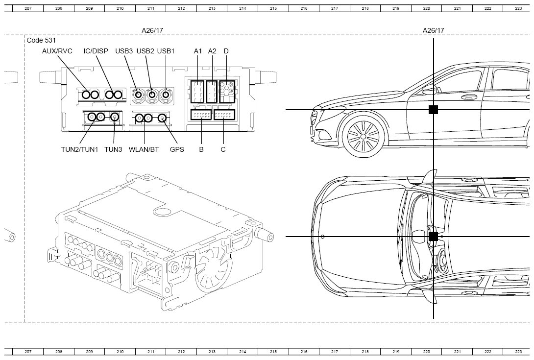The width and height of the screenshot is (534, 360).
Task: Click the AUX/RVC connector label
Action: tap(57, 51)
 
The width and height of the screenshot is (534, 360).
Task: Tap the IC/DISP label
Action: tap(96, 51)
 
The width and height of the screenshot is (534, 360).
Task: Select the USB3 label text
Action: tap(124, 51)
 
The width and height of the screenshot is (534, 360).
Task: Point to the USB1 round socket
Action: tap(166, 95)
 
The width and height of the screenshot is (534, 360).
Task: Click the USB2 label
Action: tap(146, 51)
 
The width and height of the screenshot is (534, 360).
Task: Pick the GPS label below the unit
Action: tap(177, 149)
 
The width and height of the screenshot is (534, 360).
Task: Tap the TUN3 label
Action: tap(113, 149)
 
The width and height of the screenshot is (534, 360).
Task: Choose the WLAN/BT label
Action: tap(144, 149)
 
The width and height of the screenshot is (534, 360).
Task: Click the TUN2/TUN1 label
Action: tap(80, 149)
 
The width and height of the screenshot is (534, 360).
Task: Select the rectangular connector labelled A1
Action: tap(197, 92)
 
